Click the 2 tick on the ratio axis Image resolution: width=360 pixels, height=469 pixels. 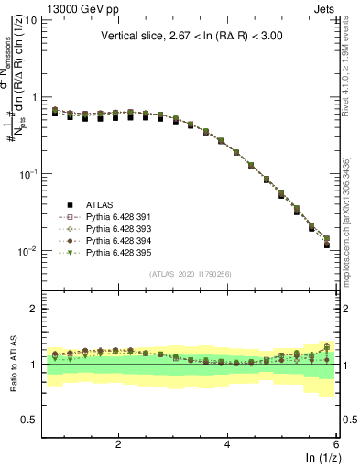[33, 309]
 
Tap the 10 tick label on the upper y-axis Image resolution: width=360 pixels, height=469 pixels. [29, 20]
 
